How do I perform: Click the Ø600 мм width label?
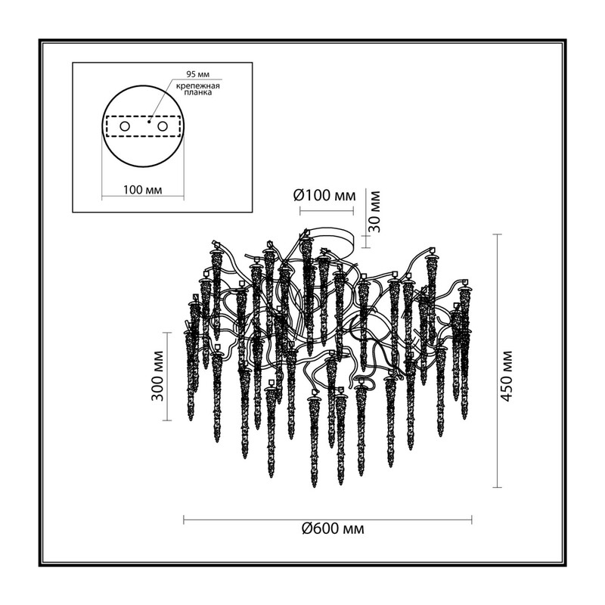tap(333, 528)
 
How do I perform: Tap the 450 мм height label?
tap(507, 376)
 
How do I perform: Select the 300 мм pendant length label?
tap(157, 376)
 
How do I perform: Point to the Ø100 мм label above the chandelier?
tap(324, 196)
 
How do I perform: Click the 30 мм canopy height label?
tap(373, 212)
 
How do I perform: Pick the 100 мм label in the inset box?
tap(142, 191)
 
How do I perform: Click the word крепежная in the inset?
tap(198, 85)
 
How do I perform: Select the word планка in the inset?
tap(198, 92)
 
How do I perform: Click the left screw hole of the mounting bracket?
tap(125, 126)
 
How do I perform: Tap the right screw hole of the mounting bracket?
tap(162, 126)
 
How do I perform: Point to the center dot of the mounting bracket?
tap(149, 122)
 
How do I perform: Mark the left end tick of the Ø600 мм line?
tap(184, 520)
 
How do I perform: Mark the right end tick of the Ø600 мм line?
tap(471, 520)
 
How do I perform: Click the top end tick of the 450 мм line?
tap(498, 234)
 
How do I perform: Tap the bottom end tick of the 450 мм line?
tap(498, 487)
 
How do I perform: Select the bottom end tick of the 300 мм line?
tap(167, 420)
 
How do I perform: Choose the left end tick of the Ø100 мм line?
tap(300, 211)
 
